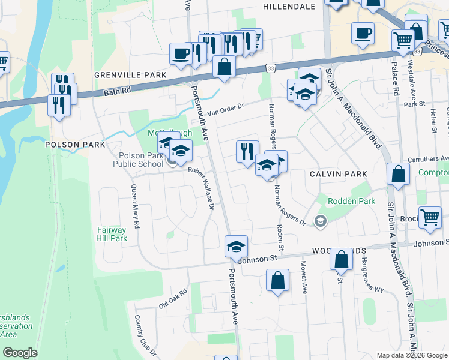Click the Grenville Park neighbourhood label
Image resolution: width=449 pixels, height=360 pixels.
pos(130,75)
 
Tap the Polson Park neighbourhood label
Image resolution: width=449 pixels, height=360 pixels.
pos(75,145)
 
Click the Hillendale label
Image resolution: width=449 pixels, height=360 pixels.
pos(289,6)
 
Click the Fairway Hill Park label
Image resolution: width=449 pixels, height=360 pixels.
pos(112,234)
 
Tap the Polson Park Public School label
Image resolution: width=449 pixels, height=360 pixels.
pos(138,160)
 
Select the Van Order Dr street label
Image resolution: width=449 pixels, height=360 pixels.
pos(226,109)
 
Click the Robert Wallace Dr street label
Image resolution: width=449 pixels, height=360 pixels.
pos(202,187)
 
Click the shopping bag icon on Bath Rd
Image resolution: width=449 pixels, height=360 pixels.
pos(224,67)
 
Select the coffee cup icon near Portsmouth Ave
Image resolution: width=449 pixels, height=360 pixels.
pos(181,54)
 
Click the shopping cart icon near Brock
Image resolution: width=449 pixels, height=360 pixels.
pos(430,218)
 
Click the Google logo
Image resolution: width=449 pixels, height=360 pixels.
pos(20,353)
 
